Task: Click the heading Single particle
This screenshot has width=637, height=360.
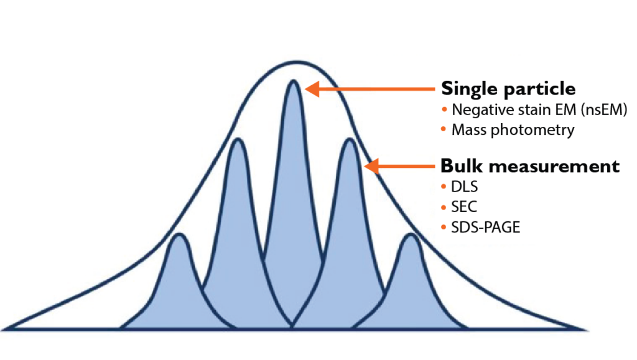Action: [508, 89]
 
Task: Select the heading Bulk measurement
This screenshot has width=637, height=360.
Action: [530, 165]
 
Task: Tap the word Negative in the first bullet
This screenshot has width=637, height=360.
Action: [475, 109]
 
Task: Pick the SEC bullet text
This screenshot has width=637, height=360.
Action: [464, 207]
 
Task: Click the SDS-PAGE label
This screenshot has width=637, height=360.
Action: [485, 228]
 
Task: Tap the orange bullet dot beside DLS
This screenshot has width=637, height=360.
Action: [444, 187]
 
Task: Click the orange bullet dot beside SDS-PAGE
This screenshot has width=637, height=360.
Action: [444, 228]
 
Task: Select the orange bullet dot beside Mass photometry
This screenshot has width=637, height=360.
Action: [444, 129]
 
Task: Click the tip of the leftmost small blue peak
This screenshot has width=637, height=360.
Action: [179, 234]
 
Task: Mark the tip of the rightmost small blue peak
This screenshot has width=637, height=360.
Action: [411, 234]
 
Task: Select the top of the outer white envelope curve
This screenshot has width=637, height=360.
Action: [297, 62]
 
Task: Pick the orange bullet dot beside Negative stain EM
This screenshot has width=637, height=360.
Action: [444, 109]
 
